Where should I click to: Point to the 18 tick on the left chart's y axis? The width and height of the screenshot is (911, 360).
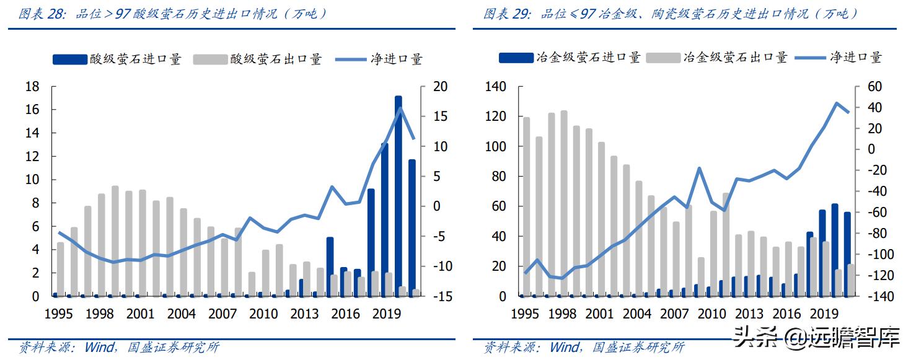point(32,86)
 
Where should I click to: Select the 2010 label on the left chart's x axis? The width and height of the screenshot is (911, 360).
point(263,314)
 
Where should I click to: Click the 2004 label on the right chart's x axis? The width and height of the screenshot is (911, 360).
point(636,314)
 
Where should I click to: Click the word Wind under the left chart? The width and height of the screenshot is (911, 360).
point(99,347)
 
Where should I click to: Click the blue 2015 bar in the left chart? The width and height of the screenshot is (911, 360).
point(330,266)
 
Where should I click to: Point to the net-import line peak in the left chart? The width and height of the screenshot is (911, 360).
point(400,108)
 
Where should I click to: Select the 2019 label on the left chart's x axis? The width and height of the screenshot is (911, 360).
point(386,314)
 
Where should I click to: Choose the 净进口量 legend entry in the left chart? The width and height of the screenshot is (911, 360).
point(397,59)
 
